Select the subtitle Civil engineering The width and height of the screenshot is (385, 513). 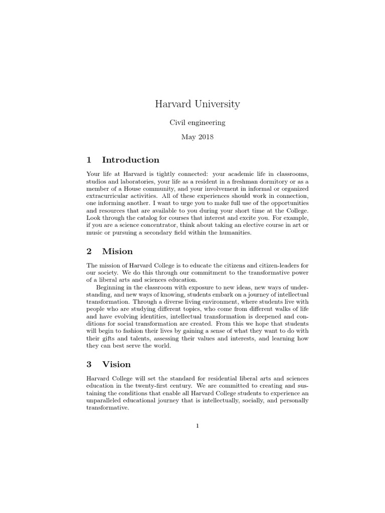pyautogui.click(x=197, y=122)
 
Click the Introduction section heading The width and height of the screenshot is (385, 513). pyautogui.click(x=130, y=160)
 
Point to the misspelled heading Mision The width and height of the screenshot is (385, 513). pyautogui.click(x=117, y=251)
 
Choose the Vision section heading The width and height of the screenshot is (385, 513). pyautogui.click(x=116, y=364)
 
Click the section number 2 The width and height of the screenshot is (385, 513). pyautogui.click(x=89, y=251)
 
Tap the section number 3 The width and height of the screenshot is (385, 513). pyautogui.click(x=89, y=364)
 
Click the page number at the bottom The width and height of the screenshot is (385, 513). pyautogui.click(x=198, y=426)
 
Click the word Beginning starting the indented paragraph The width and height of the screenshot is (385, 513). pyautogui.click(x=113, y=288)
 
